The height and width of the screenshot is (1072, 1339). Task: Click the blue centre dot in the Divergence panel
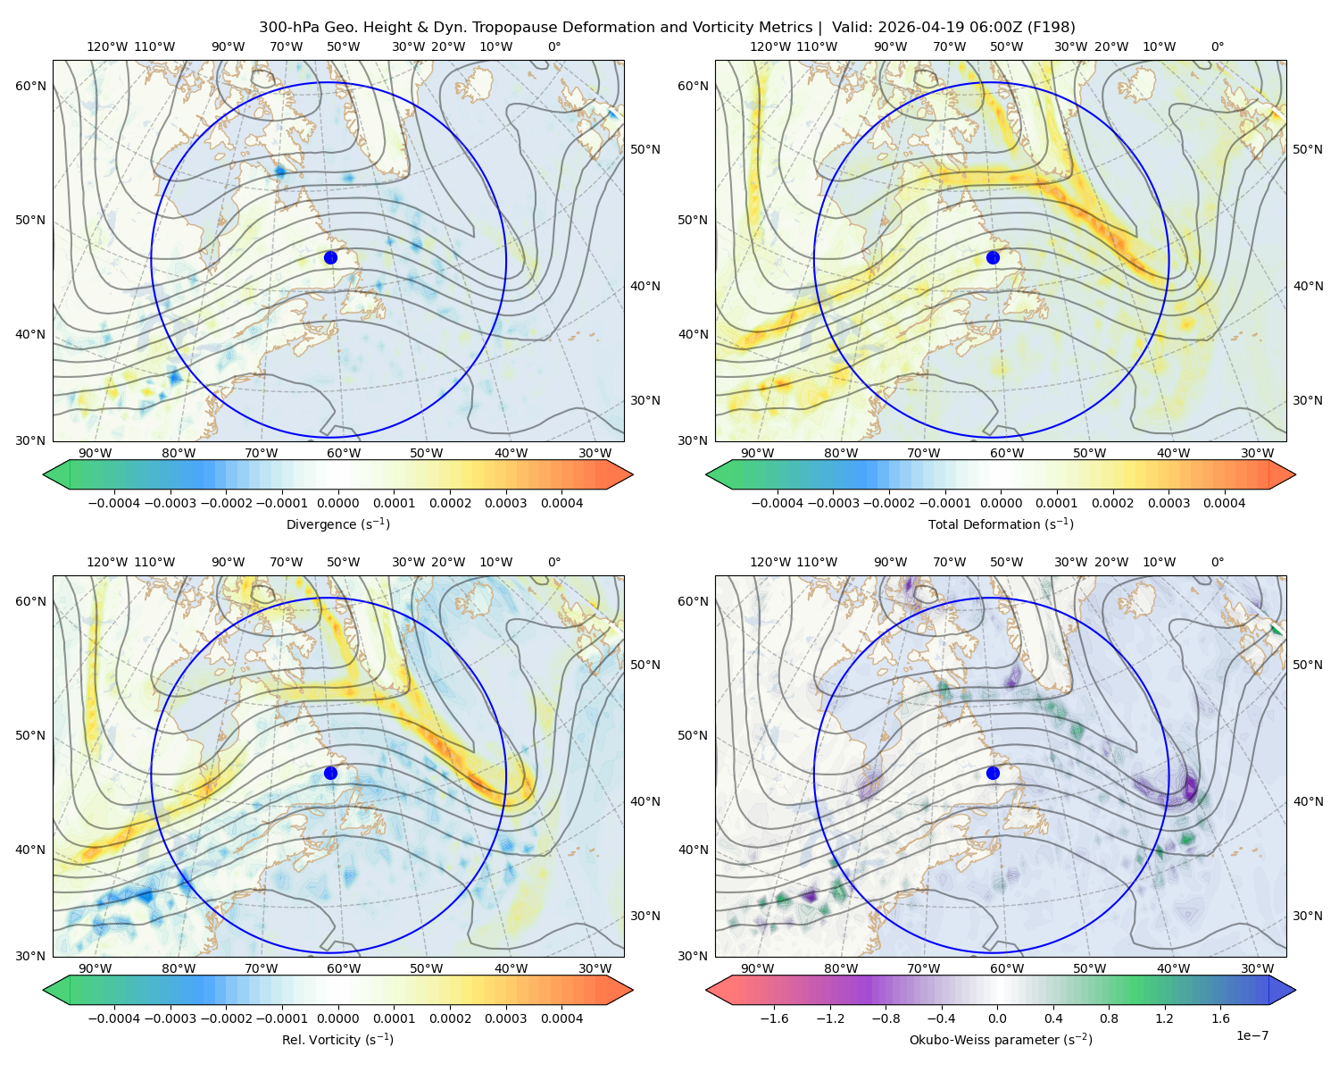point(330,257)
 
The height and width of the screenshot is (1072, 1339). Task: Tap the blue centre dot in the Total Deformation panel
point(993,257)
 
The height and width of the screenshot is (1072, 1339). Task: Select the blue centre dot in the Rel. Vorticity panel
point(330,773)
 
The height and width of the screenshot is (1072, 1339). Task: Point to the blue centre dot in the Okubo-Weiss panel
point(993,773)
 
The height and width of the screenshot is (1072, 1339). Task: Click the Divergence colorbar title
point(337,523)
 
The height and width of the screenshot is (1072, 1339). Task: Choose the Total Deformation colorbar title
point(1001,523)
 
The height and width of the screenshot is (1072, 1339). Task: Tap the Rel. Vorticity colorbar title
point(337,1039)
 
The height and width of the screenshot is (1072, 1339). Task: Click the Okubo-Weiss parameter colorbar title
point(1001,1039)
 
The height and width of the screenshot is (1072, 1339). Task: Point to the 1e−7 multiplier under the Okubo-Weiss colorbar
point(1252,1035)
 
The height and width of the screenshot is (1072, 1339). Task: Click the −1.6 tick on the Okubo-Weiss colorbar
point(774,1018)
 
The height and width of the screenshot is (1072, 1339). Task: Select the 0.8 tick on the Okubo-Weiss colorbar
point(1109,1018)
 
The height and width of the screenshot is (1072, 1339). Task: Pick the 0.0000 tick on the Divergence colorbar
point(337,503)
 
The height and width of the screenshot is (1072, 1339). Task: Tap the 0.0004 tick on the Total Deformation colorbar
point(1224,503)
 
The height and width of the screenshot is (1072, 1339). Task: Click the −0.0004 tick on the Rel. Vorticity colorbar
point(114,1018)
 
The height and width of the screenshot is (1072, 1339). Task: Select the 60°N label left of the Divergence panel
point(30,86)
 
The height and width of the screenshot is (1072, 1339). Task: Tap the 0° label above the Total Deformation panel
point(1217,46)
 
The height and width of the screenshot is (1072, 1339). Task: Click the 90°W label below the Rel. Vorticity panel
point(96,968)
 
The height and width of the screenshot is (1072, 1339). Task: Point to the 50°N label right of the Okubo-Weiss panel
point(1308,664)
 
